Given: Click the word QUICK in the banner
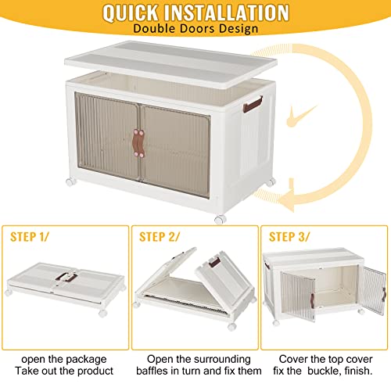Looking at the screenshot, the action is tap(131, 13).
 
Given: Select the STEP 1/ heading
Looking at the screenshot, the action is tap(30, 237).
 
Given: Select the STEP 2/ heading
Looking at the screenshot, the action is tap(160, 237).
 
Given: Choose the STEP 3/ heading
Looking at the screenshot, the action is tap(289, 237).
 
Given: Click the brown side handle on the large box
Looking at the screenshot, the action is tap(253, 105).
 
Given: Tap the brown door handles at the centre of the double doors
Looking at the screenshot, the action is tap(138, 143).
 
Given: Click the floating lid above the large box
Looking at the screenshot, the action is tap(170, 64).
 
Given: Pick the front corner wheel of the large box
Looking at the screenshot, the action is tap(220, 220).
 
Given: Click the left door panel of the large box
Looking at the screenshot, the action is tap(107, 136).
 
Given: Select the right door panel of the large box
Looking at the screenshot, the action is tap(175, 151).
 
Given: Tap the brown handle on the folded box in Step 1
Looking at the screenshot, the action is tap(66, 278).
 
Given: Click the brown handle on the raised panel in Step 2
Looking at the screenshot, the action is tap(214, 262).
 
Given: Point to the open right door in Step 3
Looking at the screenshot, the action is tap(373, 290).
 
